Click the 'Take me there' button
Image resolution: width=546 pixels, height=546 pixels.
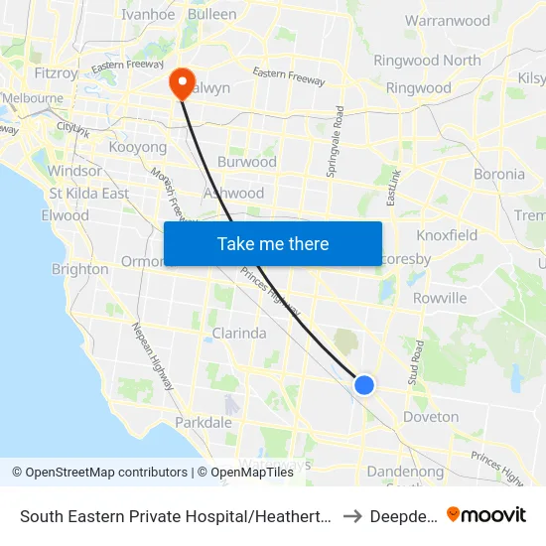[x=273, y=243]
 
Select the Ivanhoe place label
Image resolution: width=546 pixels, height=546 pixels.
[x=148, y=14]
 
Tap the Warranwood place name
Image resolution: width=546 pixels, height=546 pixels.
[x=448, y=20]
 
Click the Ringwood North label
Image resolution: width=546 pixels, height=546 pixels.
[x=427, y=61]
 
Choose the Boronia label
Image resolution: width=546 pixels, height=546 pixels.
[x=499, y=174]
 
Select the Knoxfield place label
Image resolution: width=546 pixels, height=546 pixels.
[x=447, y=235]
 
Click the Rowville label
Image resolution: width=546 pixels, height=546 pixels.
[x=439, y=298]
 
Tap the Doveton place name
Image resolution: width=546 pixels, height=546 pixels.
[x=432, y=417]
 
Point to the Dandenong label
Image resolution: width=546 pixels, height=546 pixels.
[x=405, y=472]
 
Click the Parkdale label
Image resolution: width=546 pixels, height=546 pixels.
[x=203, y=423]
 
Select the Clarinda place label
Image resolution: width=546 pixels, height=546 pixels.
[x=238, y=334]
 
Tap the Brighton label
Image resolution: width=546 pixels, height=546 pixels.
[x=79, y=269]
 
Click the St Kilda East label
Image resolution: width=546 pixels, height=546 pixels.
[x=89, y=194]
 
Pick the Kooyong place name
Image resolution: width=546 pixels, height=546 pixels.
[x=137, y=147]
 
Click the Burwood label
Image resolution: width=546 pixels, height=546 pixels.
[x=246, y=162]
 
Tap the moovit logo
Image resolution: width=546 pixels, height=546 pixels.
[x=486, y=514]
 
